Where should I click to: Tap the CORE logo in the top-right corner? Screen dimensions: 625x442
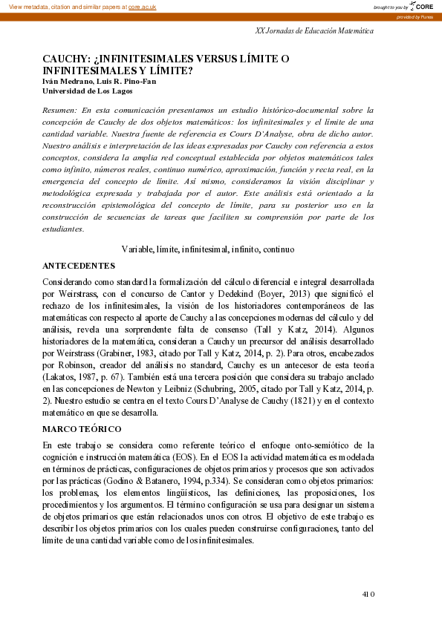pyautogui.click(x=423, y=6)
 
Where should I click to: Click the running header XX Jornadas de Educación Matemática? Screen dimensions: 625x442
pyautogui.click(x=314, y=31)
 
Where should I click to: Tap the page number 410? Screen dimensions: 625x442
pyautogui.click(x=368, y=594)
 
